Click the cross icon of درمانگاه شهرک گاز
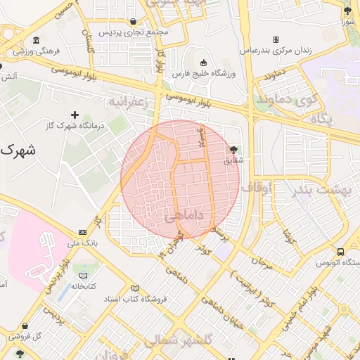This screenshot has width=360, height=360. [x=75, y=114]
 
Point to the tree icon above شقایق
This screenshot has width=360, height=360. [x=233, y=149]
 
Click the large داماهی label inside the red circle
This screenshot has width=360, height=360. [x=184, y=219]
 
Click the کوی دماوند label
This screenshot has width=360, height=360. [x=285, y=100]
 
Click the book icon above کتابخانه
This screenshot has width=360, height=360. [x=84, y=275]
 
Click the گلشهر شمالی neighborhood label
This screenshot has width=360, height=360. [x=179, y=340]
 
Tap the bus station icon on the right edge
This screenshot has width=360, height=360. [x=341, y=252]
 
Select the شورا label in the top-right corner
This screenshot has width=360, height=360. [x=347, y=22]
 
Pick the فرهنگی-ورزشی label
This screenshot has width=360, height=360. [x=36, y=51]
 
